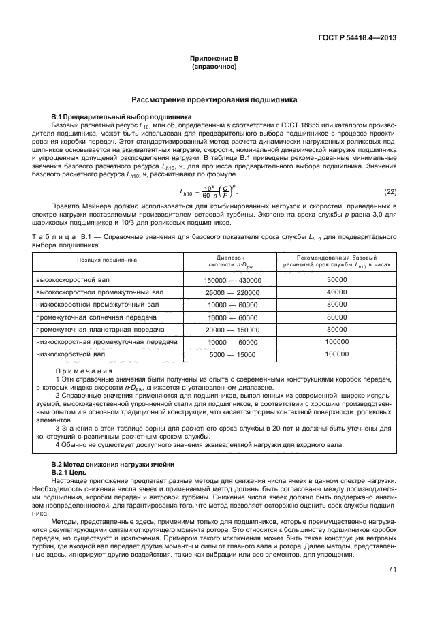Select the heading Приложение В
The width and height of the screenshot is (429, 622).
tap(214, 60)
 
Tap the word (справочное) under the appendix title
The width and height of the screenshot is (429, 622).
tap(214, 68)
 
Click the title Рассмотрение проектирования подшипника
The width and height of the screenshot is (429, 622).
tap(214, 99)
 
